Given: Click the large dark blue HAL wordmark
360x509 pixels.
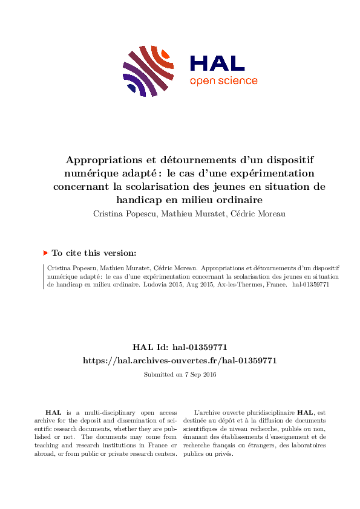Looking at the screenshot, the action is click(x=217, y=63).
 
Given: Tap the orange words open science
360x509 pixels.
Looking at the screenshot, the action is click(x=223, y=81).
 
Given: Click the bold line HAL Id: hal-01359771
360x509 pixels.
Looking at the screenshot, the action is click(x=180, y=347).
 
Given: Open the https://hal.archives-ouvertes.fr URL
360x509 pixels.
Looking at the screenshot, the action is click(x=180, y=360).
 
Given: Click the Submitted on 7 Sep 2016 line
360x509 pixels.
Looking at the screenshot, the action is click(x=180, y=375).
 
